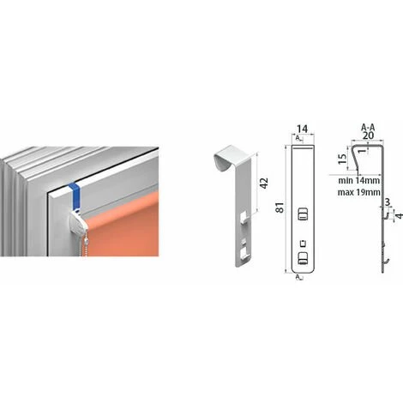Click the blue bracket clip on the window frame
tap(75, 196)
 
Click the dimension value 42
tap(265, 183)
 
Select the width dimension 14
tap(303, 129)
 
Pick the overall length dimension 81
tap(281, 208)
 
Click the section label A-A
tap(368, 127)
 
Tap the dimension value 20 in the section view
tap(368, 135)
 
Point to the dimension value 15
tap(342, 159)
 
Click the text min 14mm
tap(359, 181)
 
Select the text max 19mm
tap(359, 192)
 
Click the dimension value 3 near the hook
tap(388, 202)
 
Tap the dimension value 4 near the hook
tap(400, 216)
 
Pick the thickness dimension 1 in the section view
tap(363, 150)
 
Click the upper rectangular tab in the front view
tap(303, 214)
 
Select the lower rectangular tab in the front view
tap(303, 258)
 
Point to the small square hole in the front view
tap(303, 244)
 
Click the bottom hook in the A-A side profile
tap(386, 262)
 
